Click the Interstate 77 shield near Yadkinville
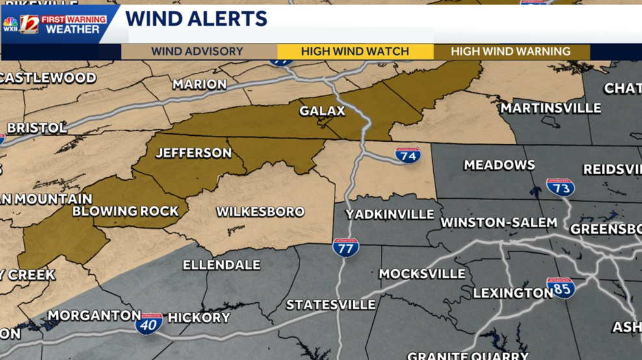point(346,248)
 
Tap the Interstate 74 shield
point(407,155)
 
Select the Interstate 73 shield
point(559,187)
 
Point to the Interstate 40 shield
point(149,323)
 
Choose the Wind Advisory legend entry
point(197,51)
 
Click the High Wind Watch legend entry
point(355,51)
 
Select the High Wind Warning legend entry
point(511,51)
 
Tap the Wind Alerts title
point(196,19)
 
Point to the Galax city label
point(322,111)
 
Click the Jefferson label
point(194,153)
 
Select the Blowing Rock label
point(125,211)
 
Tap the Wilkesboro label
point(260,212)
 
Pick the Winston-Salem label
point(498,222)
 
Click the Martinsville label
point(550,108)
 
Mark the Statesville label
point(331,304)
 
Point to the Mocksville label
point(422,274)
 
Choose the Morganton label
point(94,315)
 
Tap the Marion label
point(199,84)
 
